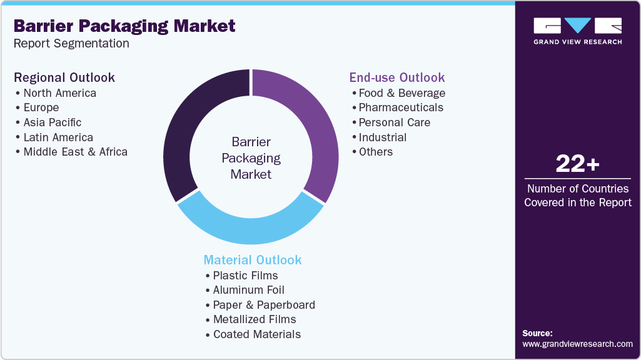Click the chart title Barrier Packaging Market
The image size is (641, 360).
coord(124,26)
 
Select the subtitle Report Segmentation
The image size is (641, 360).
coord(71,44)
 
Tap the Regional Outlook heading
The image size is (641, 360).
coord(64,77)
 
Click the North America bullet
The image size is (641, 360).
coord(59,93)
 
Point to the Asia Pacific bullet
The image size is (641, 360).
coord(53,122)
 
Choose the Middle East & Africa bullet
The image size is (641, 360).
coord(75,152)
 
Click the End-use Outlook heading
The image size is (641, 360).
coord(397,77)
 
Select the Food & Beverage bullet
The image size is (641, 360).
coord(401,93)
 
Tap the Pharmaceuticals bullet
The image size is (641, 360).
coord(401,107)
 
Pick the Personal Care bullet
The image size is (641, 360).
coord(394,122)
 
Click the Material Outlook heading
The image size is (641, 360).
coord(253,260)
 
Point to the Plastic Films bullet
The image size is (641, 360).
coord(245,276)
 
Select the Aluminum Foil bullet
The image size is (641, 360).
coord(248,290)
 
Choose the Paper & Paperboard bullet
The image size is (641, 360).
coord(264,305)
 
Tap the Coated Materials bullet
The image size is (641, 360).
coord(256,334)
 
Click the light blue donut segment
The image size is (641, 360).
coord(250,229)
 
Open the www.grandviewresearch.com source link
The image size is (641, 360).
coord(577,344)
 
